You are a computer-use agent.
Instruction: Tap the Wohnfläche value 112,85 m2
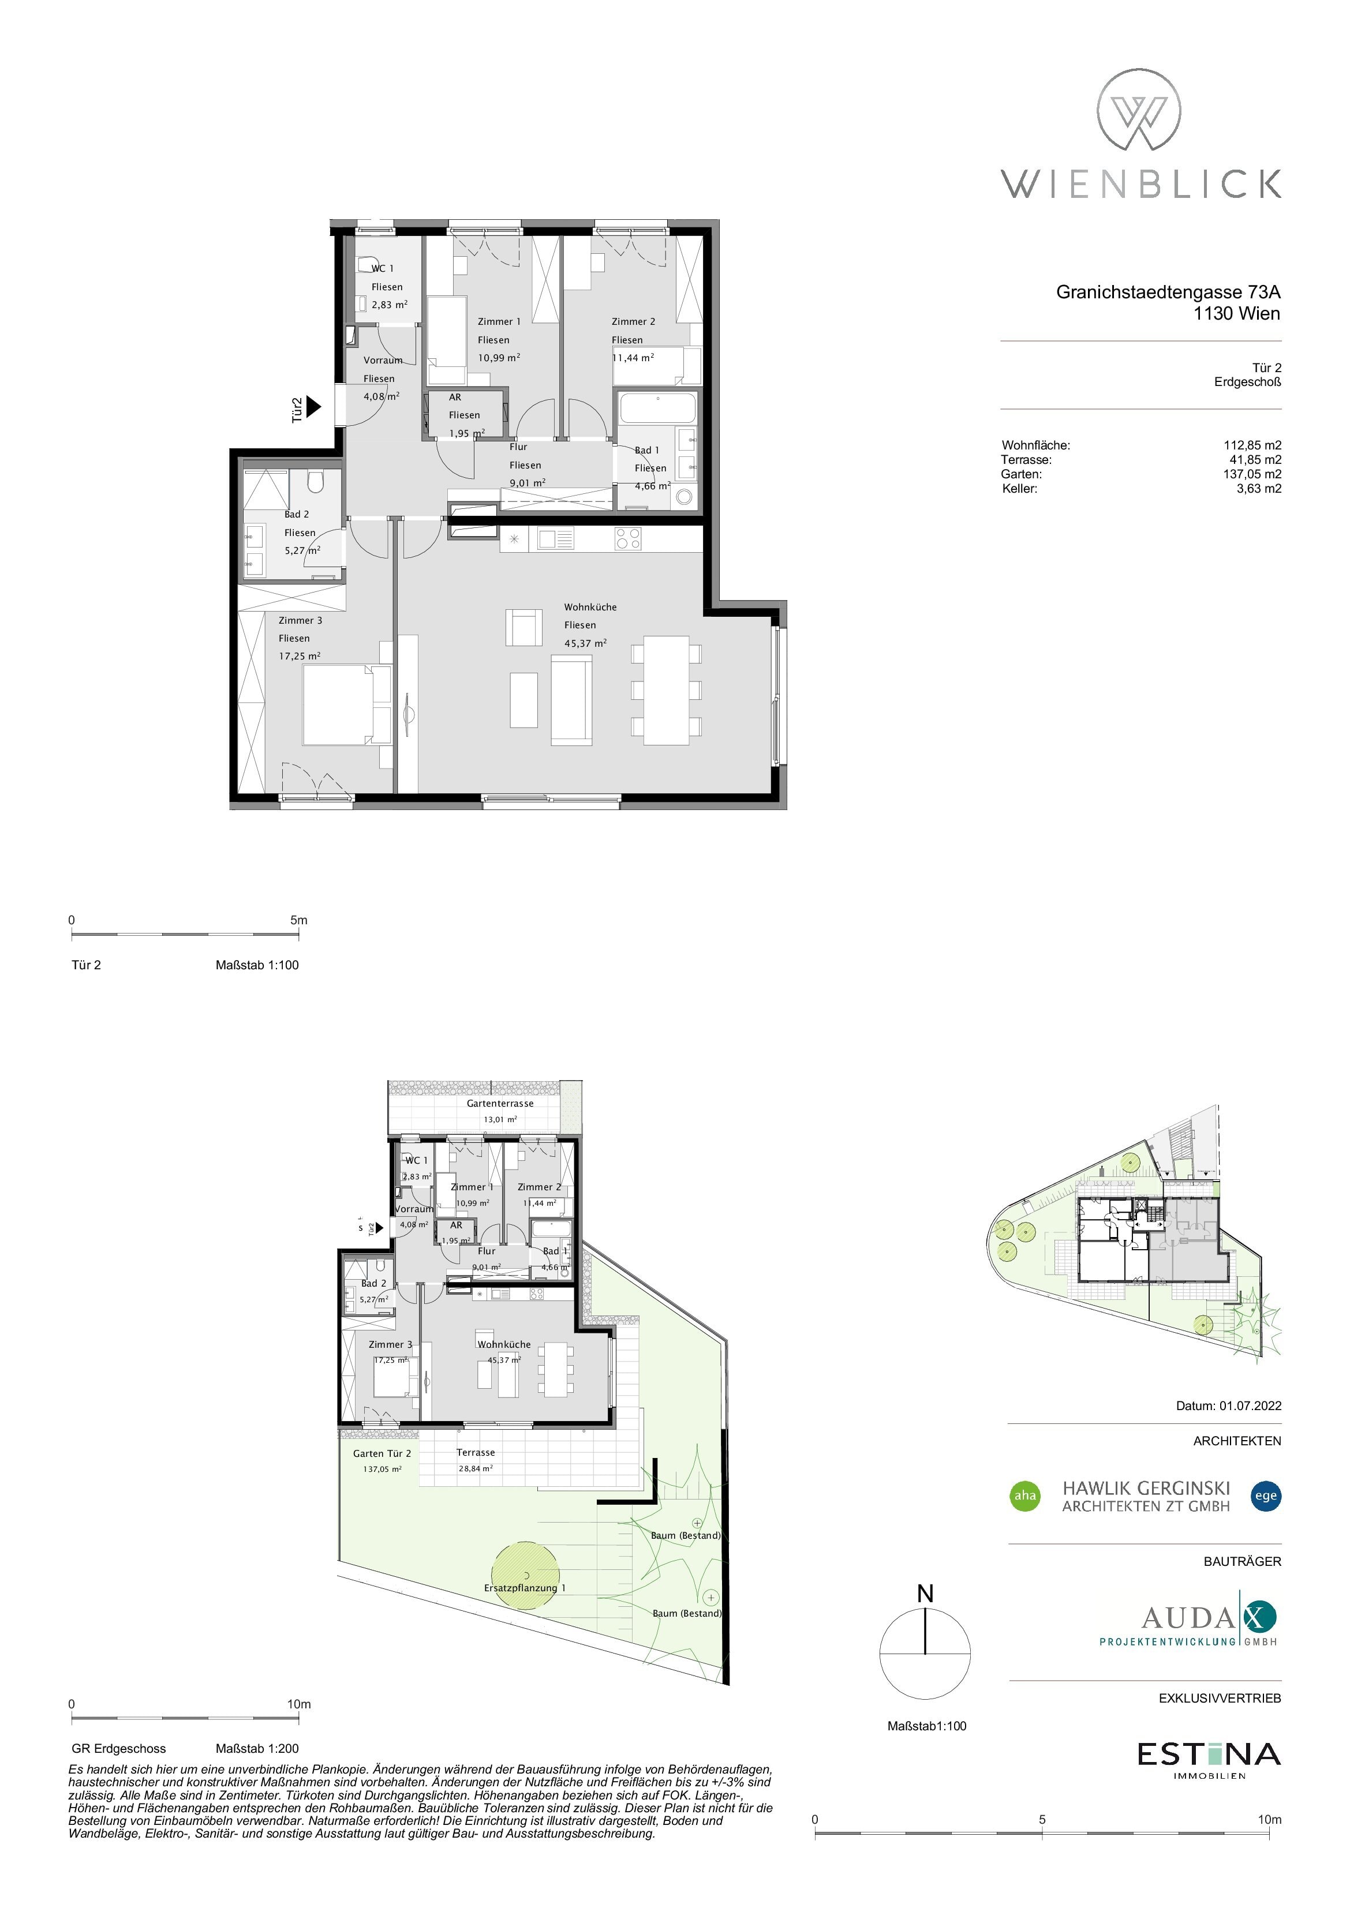(1252, 445)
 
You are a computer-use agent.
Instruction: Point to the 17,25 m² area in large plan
(299, 655)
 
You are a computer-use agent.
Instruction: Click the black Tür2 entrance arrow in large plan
(313, 406)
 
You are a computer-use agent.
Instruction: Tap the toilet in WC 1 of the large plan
(368, 264)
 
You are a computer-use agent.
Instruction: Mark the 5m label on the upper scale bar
(299, 920)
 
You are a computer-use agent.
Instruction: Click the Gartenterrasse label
(500, 1104)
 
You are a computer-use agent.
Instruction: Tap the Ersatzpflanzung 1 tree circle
(525, 1576)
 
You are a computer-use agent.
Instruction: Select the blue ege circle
(1266, 1496)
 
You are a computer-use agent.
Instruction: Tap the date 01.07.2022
(1250, 1406)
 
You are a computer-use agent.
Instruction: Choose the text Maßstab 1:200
(257, 1748)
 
